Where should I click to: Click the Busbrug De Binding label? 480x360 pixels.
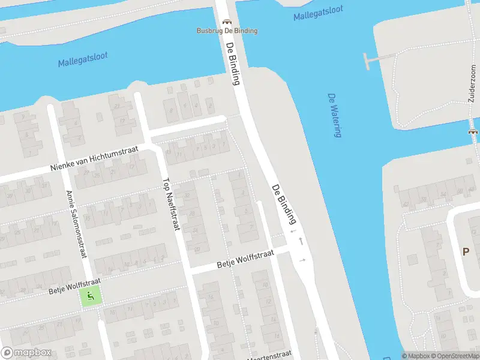227,31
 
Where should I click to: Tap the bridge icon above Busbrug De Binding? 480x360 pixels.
227,22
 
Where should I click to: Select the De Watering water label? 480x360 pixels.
334,115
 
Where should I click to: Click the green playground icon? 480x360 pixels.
90,295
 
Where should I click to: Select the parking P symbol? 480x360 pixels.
466,252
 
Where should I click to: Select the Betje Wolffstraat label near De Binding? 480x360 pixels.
245,260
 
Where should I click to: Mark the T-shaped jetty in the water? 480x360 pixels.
369,60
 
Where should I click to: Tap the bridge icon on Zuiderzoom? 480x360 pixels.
473,131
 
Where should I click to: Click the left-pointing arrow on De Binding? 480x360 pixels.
293,231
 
